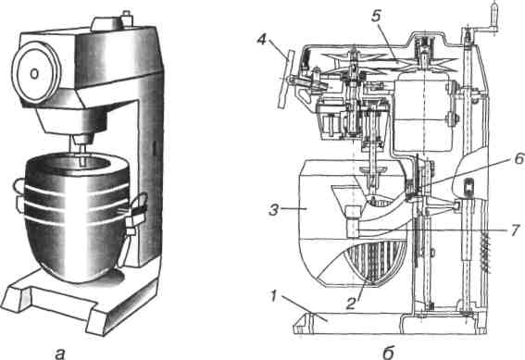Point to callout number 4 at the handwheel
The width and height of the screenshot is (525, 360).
point(263,40)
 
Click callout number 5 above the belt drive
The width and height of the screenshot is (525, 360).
point(376,16)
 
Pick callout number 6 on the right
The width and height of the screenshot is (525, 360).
point(518,158)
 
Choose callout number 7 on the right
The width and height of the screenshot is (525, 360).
point(516,230)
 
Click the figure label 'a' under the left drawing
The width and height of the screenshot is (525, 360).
point(59,353)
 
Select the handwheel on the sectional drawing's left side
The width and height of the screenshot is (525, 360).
point(285,79)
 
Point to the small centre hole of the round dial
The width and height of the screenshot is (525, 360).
point(34,74)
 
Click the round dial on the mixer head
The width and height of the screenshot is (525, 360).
point(35,72)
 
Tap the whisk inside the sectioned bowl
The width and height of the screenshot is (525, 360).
point(377,265)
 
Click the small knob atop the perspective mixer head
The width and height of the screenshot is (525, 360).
point(126,19)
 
